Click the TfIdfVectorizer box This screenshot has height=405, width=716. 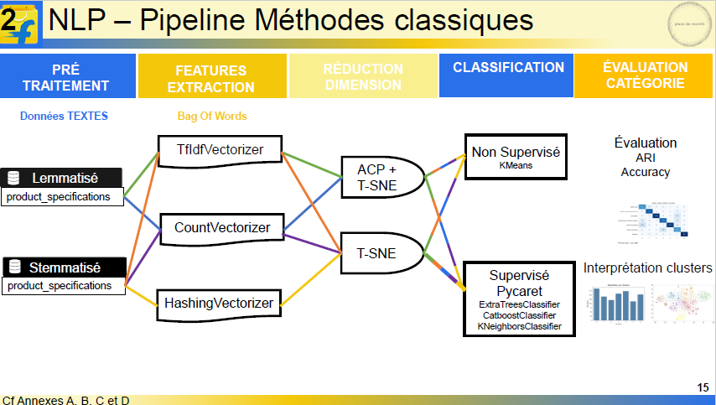(220, 150)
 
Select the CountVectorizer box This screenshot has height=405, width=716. (222, 227)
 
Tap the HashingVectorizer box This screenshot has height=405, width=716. (218, 303)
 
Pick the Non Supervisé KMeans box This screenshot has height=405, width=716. (515, 157)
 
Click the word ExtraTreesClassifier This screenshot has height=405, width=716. (519, 304)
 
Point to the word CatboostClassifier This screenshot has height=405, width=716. (519, 314)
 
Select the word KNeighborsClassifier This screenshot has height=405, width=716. (519, 325)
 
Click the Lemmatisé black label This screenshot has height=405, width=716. (64, 178)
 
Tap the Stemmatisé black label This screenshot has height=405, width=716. (64, 267)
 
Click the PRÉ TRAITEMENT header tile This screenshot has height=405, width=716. (66, 76)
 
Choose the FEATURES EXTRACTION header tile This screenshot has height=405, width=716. (211, 78)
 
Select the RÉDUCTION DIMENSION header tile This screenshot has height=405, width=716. (362, 76)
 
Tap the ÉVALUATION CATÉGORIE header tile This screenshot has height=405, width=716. (645, 75)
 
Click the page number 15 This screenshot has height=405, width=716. (703, 387)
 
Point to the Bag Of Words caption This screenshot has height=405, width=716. (211, 117)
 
